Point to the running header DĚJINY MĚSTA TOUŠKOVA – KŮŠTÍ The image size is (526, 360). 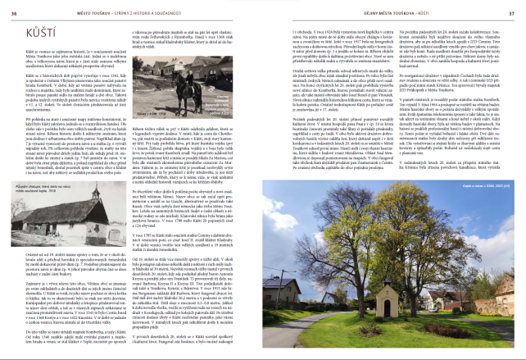[x=392, y=9]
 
